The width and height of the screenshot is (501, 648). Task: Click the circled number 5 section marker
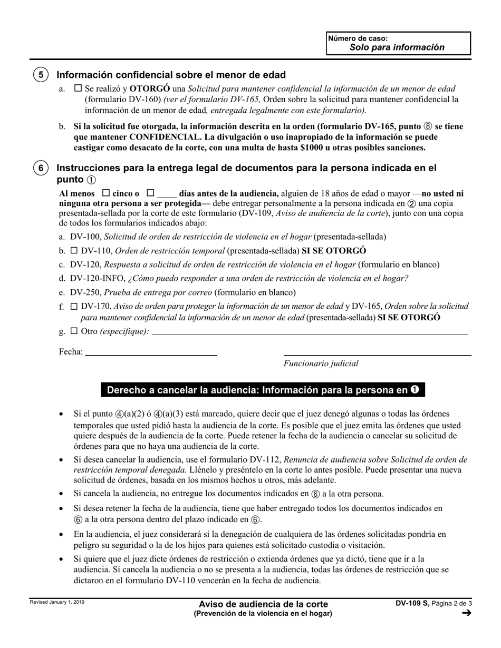click(x=41, y=75)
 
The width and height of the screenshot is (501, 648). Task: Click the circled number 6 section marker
click(x=41, y=168)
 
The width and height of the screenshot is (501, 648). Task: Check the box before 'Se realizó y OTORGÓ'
click(x=78, y=89)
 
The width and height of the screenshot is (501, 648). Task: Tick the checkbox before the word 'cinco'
click(x=105, y=193)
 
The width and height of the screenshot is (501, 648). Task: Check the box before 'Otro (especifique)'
click(x=74, y=331)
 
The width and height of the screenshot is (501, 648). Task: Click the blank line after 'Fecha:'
click(x=151, y=352)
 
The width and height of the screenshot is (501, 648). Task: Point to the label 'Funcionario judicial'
click(x=321, y=363)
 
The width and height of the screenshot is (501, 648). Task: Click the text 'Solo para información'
click(x=397, y=47)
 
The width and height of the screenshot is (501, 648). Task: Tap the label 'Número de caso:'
click(x=358, y=38)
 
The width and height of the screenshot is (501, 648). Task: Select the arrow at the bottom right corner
click(x=466, y=613)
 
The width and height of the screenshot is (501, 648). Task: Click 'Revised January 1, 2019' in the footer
click(x=56, y=602)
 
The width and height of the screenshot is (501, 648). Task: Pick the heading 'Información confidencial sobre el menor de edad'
click(x=171, y=75)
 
